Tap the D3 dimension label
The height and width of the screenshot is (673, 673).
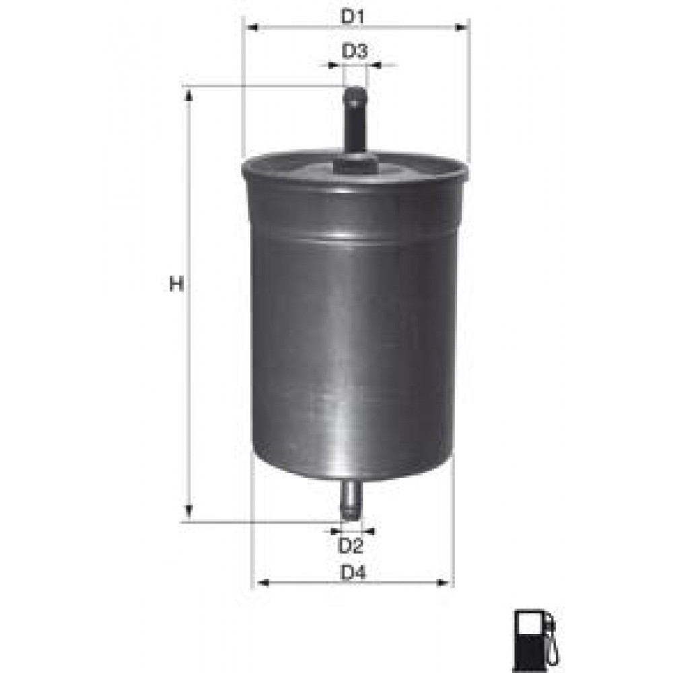tap(354, 51)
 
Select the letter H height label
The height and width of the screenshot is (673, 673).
tap(176, 285)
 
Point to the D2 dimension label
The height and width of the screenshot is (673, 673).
tap(351, 545)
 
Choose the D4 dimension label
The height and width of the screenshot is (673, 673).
tap(353, 573)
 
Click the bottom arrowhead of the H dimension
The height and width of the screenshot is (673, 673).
tap(189, 511)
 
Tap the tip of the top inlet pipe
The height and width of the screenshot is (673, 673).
tap(355, 91)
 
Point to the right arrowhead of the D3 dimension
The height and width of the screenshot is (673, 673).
tap(374, 65)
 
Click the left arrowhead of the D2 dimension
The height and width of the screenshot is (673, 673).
tap(335, 531)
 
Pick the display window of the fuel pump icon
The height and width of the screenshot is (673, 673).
tap(529, 626)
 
